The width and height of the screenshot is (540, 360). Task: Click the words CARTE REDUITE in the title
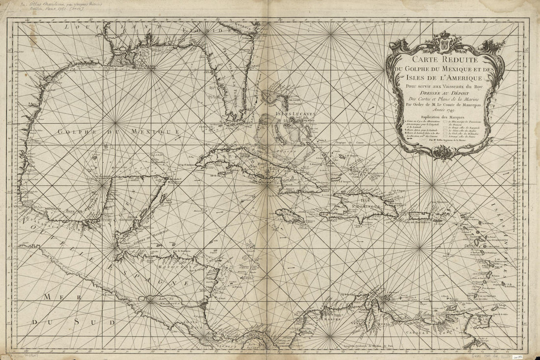pyautogui.click(x=445, y=61)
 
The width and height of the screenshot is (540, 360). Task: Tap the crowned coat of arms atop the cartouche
pyautogui.click(x=445, y=41)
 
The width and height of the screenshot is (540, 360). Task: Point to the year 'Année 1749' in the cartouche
pyautogui.click(x=445, y=111)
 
